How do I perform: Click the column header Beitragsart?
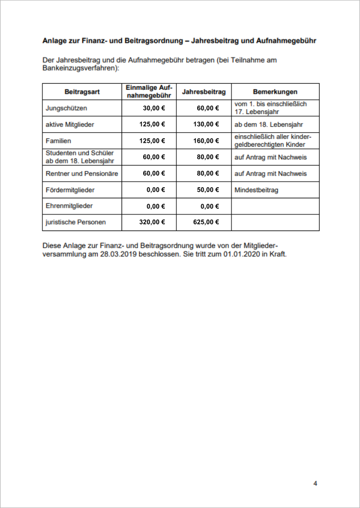pyautogui.click(x=82, y=92)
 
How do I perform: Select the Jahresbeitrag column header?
pyautogui.click(x=204, y=92)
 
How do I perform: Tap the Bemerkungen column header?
pyautogui.click(x=275, y=92)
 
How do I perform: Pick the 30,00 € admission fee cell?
pyautogui.click(x=154, y=108)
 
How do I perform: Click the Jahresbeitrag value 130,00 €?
pyautogui.click(x=206, y=124)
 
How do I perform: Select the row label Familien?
pyautogui.click(x=58, y=141)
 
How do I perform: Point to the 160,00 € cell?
pyautogui.click(x=206, y=141)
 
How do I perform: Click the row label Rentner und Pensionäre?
pyautogui.click(x=82, y=174)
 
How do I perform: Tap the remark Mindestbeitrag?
pyautogui.click(x=256, y=190)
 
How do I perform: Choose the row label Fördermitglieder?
pyautogui.click(x=70, y=190)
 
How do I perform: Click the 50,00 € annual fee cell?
pyautogui.click(x=208, y=190)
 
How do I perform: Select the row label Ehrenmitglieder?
pyautogui.click(x=69, y=206)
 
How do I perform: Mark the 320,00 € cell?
pyautogui.click(x=152, y=222)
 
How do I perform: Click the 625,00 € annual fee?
pyautogui.click(x=206, y=222)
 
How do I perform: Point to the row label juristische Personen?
pyautogui.click(x=76, y=222)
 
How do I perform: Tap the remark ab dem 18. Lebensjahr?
pyautogui.click(x=269, y=124)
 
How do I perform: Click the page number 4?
pyautogui.click(x=315, y=484)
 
